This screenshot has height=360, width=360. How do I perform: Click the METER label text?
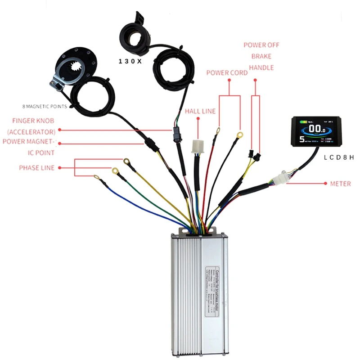[341, 184]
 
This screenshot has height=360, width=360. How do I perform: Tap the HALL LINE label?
[200, 111]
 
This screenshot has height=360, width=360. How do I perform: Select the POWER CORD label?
[227, 73]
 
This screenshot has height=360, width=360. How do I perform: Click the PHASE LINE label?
[36, 168]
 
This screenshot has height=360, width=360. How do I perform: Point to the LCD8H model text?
[339, 157]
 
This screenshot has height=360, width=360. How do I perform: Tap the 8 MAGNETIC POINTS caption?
[45, 107]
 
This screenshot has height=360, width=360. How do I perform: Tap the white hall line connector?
[198, 147]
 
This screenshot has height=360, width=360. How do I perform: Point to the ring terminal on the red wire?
[218, 131]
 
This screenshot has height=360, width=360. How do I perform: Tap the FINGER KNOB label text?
[34, 120]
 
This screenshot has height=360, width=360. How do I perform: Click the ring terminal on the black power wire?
[239, 134]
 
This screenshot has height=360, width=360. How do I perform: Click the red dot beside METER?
[326, 184]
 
